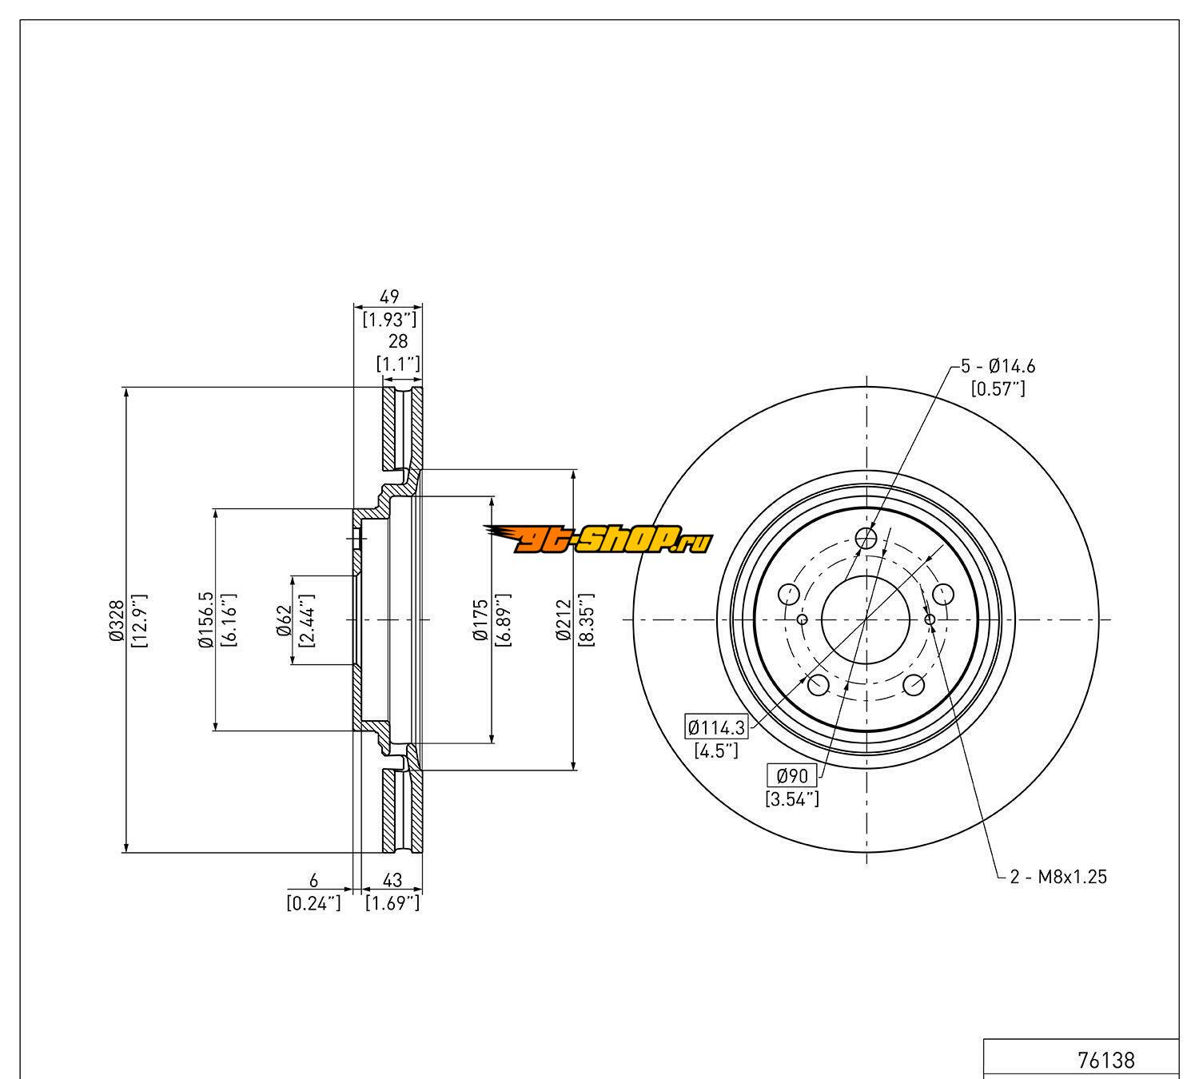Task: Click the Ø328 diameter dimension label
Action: point(117,619)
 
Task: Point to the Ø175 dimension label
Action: point(480,619)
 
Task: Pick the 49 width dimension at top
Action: point(388,297)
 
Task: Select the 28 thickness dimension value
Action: point(397,341)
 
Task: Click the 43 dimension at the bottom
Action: point(392,880)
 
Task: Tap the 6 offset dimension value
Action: point(313,880)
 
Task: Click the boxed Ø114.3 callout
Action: point(716,727)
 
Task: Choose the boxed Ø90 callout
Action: point(792,774)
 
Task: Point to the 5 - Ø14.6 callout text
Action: point(998,367)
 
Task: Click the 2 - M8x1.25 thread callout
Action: point(1058,877)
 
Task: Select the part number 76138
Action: point(1105,1060)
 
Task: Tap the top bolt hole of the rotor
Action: point(866,539)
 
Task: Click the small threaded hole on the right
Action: point(929,619)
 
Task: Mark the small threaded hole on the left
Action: point(803,619)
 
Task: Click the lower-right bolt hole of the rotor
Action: point(914,685)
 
